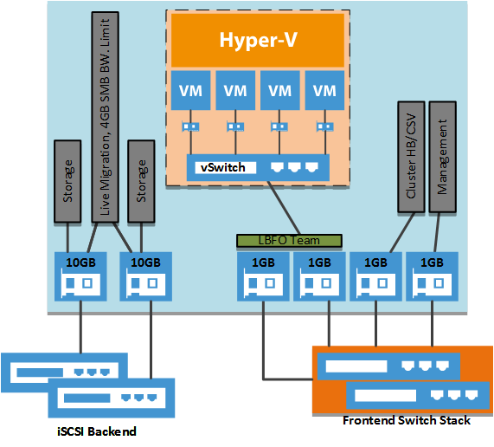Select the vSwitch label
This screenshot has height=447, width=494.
point(223,166)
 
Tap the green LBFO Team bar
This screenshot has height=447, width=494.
point(289,238)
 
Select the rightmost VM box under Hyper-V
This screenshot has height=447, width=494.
point(324,91)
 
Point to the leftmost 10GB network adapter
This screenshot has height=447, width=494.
point(80,275)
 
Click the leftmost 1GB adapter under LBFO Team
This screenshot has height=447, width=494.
point(262,275)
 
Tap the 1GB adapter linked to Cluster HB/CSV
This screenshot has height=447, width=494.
point(376,275)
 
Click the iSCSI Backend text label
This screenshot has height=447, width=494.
point(92,431)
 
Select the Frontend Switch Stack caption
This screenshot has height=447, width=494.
point(406,420)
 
